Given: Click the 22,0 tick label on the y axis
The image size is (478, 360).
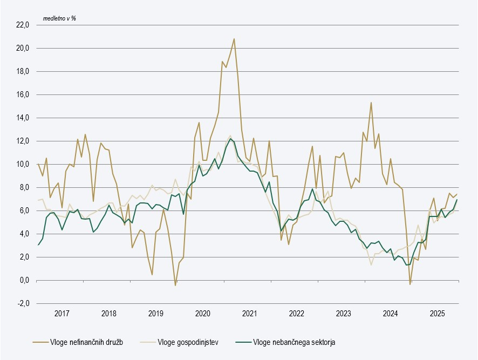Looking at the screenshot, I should (x=22, y=25).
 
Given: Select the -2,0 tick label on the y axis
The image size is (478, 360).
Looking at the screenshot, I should (x=23, y=303).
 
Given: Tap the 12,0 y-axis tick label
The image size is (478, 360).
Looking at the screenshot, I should (x=22, y=141).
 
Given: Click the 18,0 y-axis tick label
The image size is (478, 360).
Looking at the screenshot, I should (x=22, y=71).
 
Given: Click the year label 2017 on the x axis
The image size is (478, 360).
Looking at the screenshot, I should (x=62, y=314).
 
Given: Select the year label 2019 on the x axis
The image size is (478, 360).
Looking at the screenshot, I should (x=155, y=314).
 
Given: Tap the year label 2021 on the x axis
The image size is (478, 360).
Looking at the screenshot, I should (x=249, y=314).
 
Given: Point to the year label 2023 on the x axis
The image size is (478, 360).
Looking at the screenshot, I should (x=343, y=314).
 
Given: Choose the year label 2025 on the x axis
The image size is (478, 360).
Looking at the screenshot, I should (x=437, y=314).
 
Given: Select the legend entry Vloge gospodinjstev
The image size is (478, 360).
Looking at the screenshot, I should (x=188, y=342).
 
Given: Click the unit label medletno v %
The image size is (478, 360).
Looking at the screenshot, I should (x=60, y=18).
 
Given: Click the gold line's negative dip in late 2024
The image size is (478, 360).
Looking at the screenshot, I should (x=410, y=284).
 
